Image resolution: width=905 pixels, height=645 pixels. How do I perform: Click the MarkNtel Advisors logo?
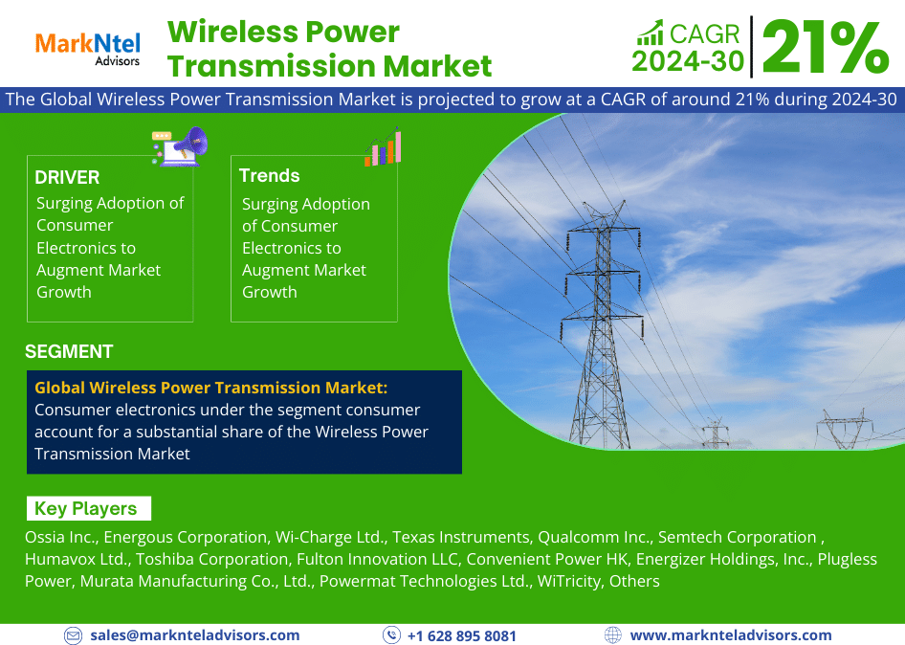tap(88, 48)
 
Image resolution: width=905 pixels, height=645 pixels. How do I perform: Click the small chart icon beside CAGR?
tap(650, 33)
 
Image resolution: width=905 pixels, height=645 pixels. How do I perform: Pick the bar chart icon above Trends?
tap(383, 147)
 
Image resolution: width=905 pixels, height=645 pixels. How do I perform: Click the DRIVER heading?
tap(67, 177)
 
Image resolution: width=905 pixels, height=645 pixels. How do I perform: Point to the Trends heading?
tap(269, 175)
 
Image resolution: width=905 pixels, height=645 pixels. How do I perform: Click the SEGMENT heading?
tap(69, 351)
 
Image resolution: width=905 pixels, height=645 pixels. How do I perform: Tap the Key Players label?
tap(86, 508)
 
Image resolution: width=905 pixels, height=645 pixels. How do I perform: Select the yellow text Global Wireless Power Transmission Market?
tap(211, 388)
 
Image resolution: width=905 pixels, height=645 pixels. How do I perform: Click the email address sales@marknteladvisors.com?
tap(195, 635)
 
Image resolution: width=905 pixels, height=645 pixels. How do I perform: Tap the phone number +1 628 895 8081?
tap(462, 635)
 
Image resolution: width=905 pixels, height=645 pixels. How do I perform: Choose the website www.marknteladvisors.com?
tap(731, 635)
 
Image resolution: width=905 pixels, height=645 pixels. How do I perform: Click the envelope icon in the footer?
tap(74, 635)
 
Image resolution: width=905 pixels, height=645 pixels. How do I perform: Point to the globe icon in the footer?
tap(613, 635)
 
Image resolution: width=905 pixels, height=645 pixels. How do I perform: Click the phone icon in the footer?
tap(391, 635)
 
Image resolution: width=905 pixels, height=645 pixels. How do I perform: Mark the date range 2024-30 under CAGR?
tap(687, 60)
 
